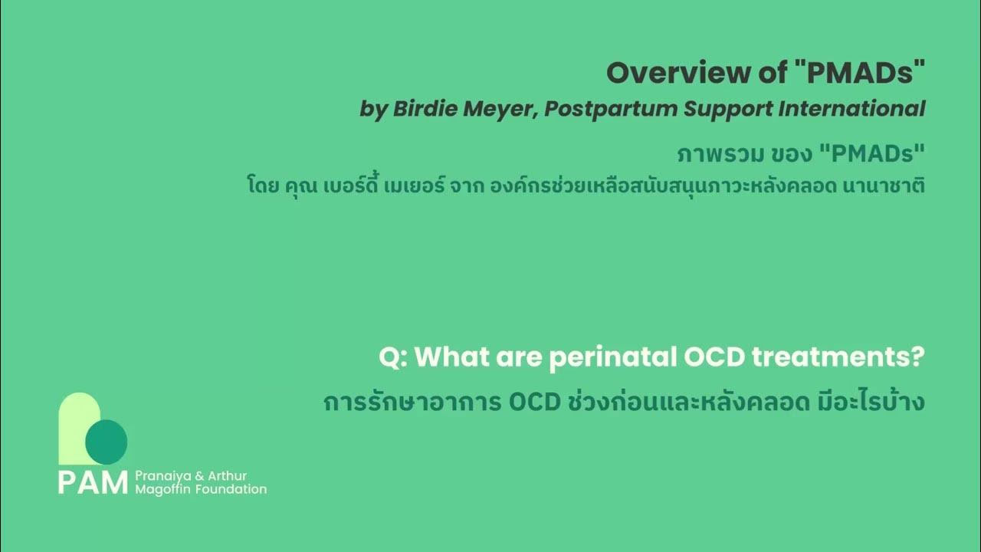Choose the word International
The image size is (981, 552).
coord(851,109)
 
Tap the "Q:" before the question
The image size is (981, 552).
coord(392,357)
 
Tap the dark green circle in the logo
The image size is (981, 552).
coord(106,442)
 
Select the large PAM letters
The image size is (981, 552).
coord(93,483)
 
